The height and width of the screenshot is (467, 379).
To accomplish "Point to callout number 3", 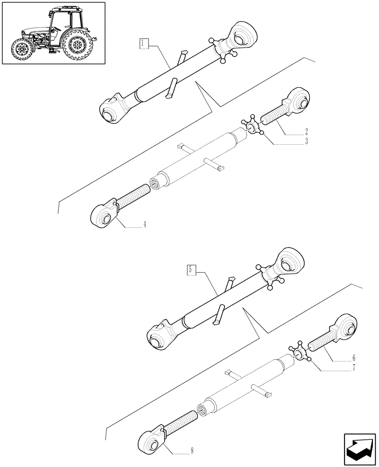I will pos(306,142).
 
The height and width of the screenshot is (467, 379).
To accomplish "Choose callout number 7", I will pos(353,368).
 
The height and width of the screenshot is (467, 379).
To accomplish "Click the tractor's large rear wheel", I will pos(77,45).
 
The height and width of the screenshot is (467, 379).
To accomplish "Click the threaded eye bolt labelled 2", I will pos(287,107).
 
